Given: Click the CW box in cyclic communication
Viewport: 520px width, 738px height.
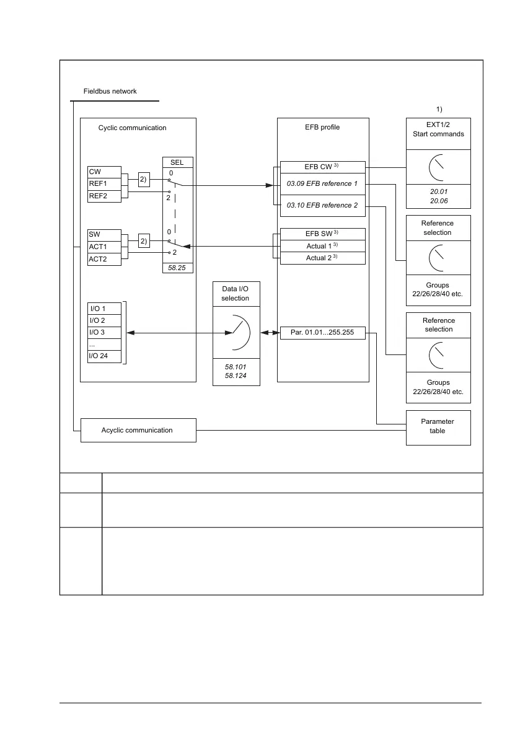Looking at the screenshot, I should [x=104, y=171].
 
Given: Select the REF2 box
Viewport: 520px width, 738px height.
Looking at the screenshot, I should [x=104, y=195].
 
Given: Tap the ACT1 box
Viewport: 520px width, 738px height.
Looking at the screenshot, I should [x=104, y=247].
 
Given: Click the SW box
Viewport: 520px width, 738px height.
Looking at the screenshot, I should [x=104, y=235].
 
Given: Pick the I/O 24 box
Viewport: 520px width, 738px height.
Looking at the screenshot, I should [x=104, y=356].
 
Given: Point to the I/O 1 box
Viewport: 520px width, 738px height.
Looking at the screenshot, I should [x=104, y=308].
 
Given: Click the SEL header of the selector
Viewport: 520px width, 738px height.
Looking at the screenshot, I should [x=177, y=162].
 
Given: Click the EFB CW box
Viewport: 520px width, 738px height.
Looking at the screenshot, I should [x=322, y=167].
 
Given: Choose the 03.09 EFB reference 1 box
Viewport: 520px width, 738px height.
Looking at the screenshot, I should [x=322, y=183].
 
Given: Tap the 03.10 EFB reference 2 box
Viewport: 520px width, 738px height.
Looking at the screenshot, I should [x=322, y=205].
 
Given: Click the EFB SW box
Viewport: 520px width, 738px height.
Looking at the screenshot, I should [x=322, y=234].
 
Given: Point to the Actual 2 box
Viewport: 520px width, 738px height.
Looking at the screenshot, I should [x=322, y=258].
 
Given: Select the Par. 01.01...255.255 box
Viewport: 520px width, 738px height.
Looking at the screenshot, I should [x=322, y=333].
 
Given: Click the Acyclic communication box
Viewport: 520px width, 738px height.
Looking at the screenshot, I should [x=138, y=430].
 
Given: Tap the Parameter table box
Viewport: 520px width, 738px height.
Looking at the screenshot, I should [x=438, y=426].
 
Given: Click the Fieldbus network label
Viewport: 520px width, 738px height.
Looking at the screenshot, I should [x=110, y=91].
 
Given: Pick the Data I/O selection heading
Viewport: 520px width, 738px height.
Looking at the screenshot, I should [x=236, y=294].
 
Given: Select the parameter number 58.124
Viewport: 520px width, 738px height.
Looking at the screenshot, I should [x=236, y=376].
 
